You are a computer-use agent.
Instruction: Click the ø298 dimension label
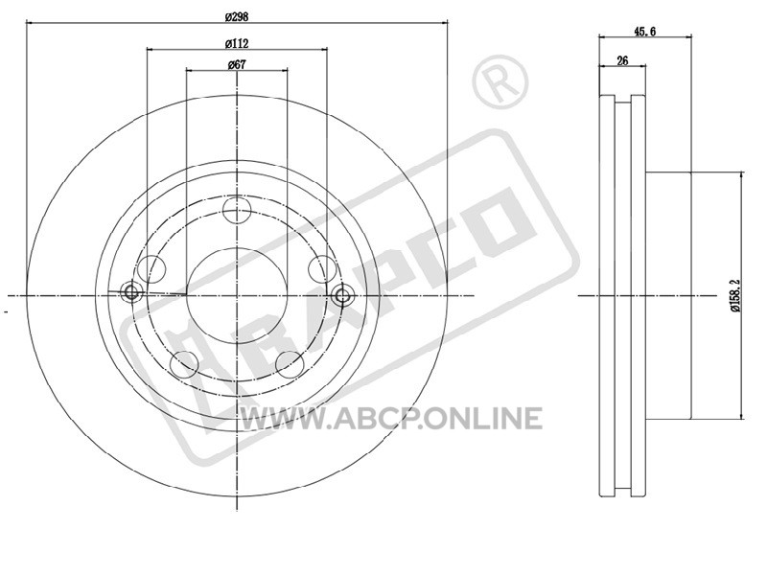[x=237, y=16]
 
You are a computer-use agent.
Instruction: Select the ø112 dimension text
[x=237, y=43]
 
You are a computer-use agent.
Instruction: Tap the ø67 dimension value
[x=237, y=64]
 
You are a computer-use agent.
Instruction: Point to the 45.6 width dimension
[x=644, y=32]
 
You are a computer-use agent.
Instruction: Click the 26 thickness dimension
[x=622, y=60]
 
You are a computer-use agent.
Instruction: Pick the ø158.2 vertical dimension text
[x=735, y=295]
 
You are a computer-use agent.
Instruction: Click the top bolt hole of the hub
[x=237, y=211]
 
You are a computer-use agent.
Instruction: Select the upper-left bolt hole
[x=151, y=268]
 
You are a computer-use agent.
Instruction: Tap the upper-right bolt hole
[x=322, y=268]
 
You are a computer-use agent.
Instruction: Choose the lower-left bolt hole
[x=184, y=364]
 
